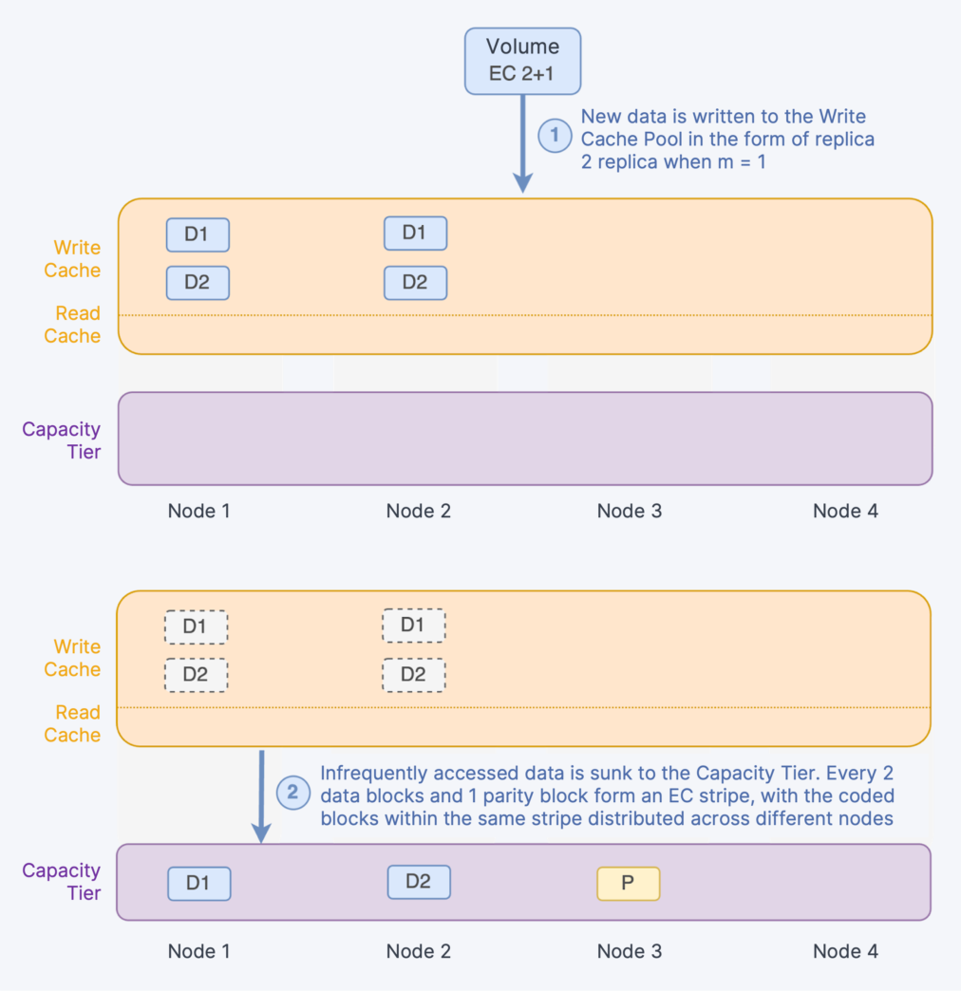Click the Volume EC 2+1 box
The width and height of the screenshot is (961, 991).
(x=522, y=61)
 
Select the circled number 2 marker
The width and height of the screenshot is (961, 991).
(x=292, y=793)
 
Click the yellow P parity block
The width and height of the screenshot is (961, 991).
(x=628, y=884)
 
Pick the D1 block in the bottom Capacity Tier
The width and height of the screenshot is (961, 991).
(x=198, y=883)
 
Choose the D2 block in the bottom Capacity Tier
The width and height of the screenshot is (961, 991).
(x=419, y=882)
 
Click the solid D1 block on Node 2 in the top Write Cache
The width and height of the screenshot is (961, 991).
(x=415, y=233)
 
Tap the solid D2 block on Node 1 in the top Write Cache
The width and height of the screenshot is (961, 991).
(x=198, y=283)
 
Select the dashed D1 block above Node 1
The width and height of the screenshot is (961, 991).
(x=196, y=626)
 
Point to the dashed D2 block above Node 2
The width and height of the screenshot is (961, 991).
(x=413, y=675)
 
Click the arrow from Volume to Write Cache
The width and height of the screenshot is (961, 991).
(x=522, y=142)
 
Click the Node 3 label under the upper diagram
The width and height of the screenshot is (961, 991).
(x=629, y=511)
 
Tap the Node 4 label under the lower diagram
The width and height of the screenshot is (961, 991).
(x=845, y=951)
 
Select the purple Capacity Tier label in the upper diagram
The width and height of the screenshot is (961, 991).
(x=61, y=440)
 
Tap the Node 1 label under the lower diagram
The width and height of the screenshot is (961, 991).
(x=198, y=951)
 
